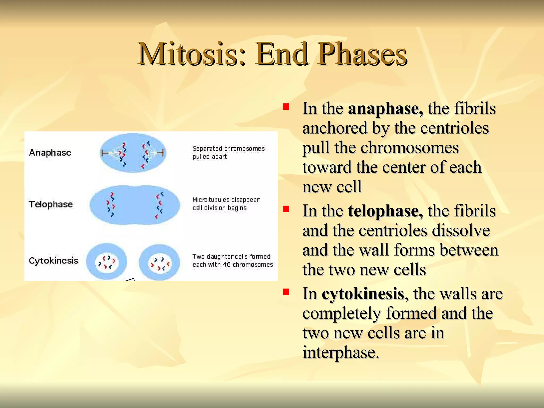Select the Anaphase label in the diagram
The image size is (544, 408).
click(50, 153)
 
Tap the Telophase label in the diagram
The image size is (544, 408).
click(51, 204)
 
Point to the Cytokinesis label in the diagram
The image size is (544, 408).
click(53, 261)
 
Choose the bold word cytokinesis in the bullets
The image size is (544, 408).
click(363, 294)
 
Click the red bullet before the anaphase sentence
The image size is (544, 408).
click(286, 107)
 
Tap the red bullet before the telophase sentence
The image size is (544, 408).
click(286, 209)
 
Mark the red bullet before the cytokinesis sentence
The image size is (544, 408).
click(286, 292)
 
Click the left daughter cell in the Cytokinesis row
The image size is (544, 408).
click(107, 262)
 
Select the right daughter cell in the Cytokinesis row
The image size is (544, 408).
click(159, 262)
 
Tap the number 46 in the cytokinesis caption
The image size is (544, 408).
click(227, 265)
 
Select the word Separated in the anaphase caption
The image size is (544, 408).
click(207, 148)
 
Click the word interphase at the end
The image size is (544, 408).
click(341, 353)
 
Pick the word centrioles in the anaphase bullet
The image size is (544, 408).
click(454, 128)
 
